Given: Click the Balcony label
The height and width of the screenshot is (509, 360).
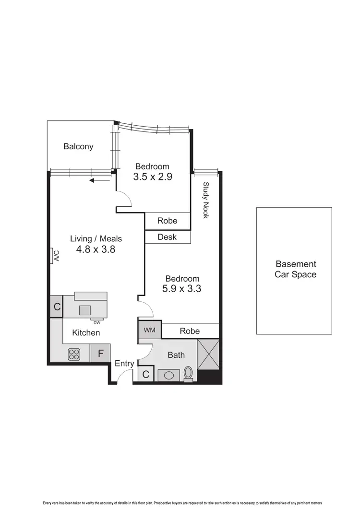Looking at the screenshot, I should coord(78,147).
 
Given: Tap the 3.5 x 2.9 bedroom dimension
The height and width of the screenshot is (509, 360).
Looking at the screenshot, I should coord(152,176).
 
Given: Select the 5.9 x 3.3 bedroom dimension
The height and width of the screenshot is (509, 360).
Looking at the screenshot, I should coord(182,289).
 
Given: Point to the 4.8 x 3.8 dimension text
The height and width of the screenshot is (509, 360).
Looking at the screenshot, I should coord(96,249).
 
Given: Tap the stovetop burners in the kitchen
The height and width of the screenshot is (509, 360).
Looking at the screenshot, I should coord(74,354).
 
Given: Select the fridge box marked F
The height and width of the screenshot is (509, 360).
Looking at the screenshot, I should coord(101,354).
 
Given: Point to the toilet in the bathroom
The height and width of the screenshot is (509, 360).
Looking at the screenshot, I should coord(188,373).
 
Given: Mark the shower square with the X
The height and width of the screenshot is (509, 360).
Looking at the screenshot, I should coord(208,355).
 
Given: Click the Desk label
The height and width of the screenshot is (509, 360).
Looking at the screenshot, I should coord(167,237).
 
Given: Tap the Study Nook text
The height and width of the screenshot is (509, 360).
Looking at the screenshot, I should coord(206,200).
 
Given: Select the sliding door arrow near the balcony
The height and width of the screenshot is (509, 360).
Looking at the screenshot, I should coord(99,181).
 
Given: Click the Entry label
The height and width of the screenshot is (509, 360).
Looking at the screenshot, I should coord(124,364).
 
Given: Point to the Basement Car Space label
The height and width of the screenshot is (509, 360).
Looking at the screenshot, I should coord(295,269).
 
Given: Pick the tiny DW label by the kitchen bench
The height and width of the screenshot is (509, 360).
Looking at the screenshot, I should coord(96,322).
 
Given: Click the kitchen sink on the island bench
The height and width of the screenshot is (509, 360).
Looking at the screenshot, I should coord(85,310).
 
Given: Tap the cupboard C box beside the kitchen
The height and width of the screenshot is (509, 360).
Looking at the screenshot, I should coord(57,308).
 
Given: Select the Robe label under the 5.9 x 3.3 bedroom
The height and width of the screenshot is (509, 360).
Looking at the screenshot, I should coord(190,331).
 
